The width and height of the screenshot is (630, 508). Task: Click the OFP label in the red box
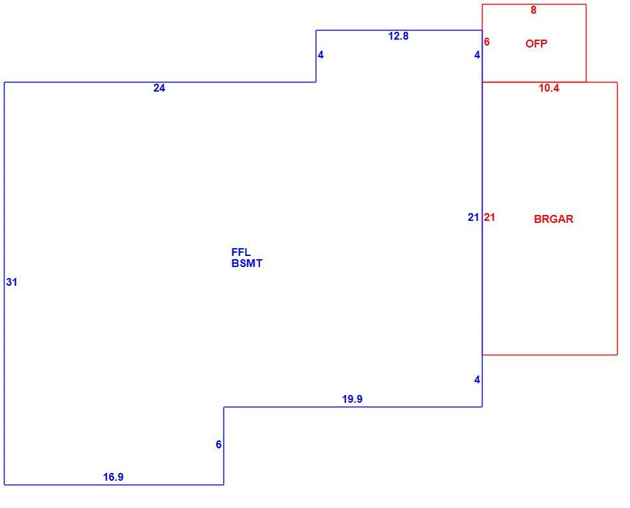(x=536, y=44)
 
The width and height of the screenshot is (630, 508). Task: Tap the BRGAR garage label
(x=553, y=219)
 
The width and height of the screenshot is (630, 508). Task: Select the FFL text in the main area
(x=241, y=253)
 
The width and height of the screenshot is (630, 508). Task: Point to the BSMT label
(x=247, y=264)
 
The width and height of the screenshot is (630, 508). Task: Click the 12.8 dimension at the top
(x=398, y=36)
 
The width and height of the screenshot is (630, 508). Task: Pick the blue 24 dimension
(x=159, y=88)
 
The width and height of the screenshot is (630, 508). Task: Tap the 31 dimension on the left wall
(x=12, y=283)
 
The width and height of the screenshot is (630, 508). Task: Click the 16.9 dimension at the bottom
(x=113, y=477)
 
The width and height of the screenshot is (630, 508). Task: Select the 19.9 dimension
(x=353, y=399)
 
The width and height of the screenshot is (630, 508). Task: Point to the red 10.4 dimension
(x=549, y=88)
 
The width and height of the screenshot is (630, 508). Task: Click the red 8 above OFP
(x=534, y=10)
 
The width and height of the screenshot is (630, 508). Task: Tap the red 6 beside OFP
(x=486, y=42)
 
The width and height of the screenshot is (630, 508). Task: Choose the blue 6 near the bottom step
(x=219, y=444)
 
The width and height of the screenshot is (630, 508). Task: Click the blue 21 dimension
(x=473, y=218)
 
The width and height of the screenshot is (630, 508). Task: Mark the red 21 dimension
(x=489, y=218)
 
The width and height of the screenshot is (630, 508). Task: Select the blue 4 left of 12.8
(x=321, y=55)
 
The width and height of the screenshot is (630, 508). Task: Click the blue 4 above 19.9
(x=477, y=380)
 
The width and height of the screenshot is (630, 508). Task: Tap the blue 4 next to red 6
(x=477, y=55)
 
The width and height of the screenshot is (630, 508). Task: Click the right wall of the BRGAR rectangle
(x=617, y=219)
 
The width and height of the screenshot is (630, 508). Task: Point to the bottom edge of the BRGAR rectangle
(x=549, y=355)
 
